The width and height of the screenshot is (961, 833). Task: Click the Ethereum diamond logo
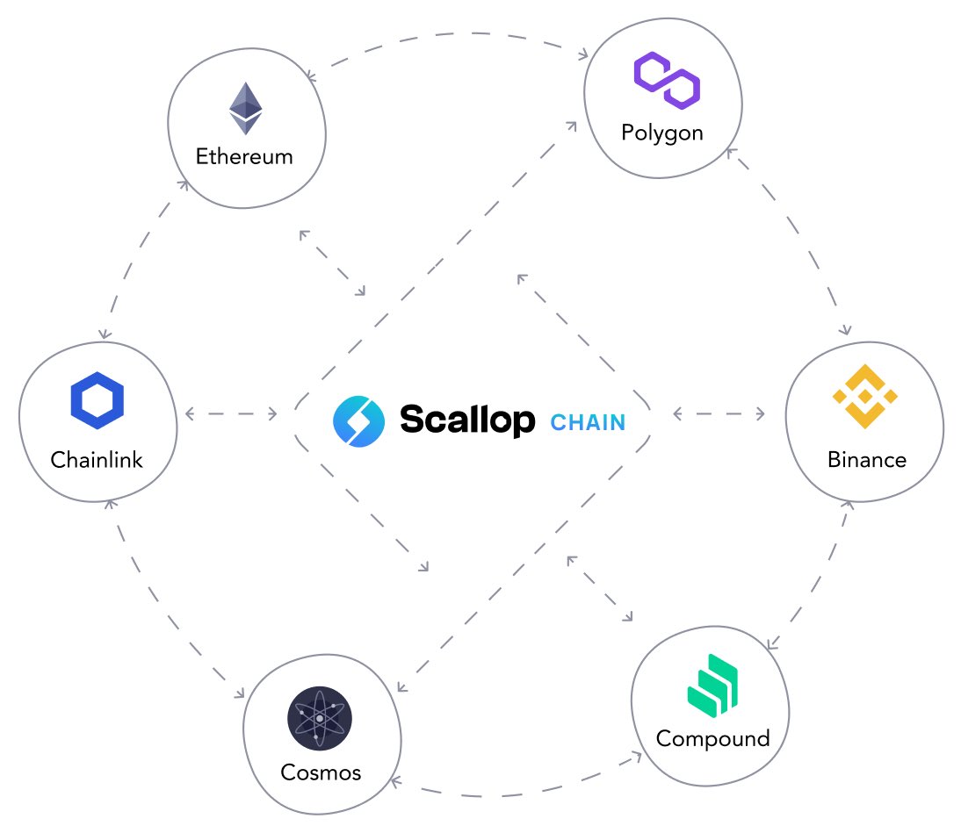245,109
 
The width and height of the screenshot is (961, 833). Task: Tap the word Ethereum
244,157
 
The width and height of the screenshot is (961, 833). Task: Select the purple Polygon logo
667,80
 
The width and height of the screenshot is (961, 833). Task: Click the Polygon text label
662,133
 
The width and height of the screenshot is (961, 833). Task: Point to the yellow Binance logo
865,396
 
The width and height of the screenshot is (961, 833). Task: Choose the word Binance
866,459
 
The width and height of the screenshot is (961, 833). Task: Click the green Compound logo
712,690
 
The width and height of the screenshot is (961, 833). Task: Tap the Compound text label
712,738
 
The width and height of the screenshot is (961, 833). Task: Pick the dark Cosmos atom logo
320,718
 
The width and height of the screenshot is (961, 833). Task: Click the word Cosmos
321,772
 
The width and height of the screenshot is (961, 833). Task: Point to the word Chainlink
97,459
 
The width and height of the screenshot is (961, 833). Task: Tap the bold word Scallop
466,420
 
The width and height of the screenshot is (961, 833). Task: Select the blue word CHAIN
588,422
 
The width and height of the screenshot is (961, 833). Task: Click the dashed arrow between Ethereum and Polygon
448,35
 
